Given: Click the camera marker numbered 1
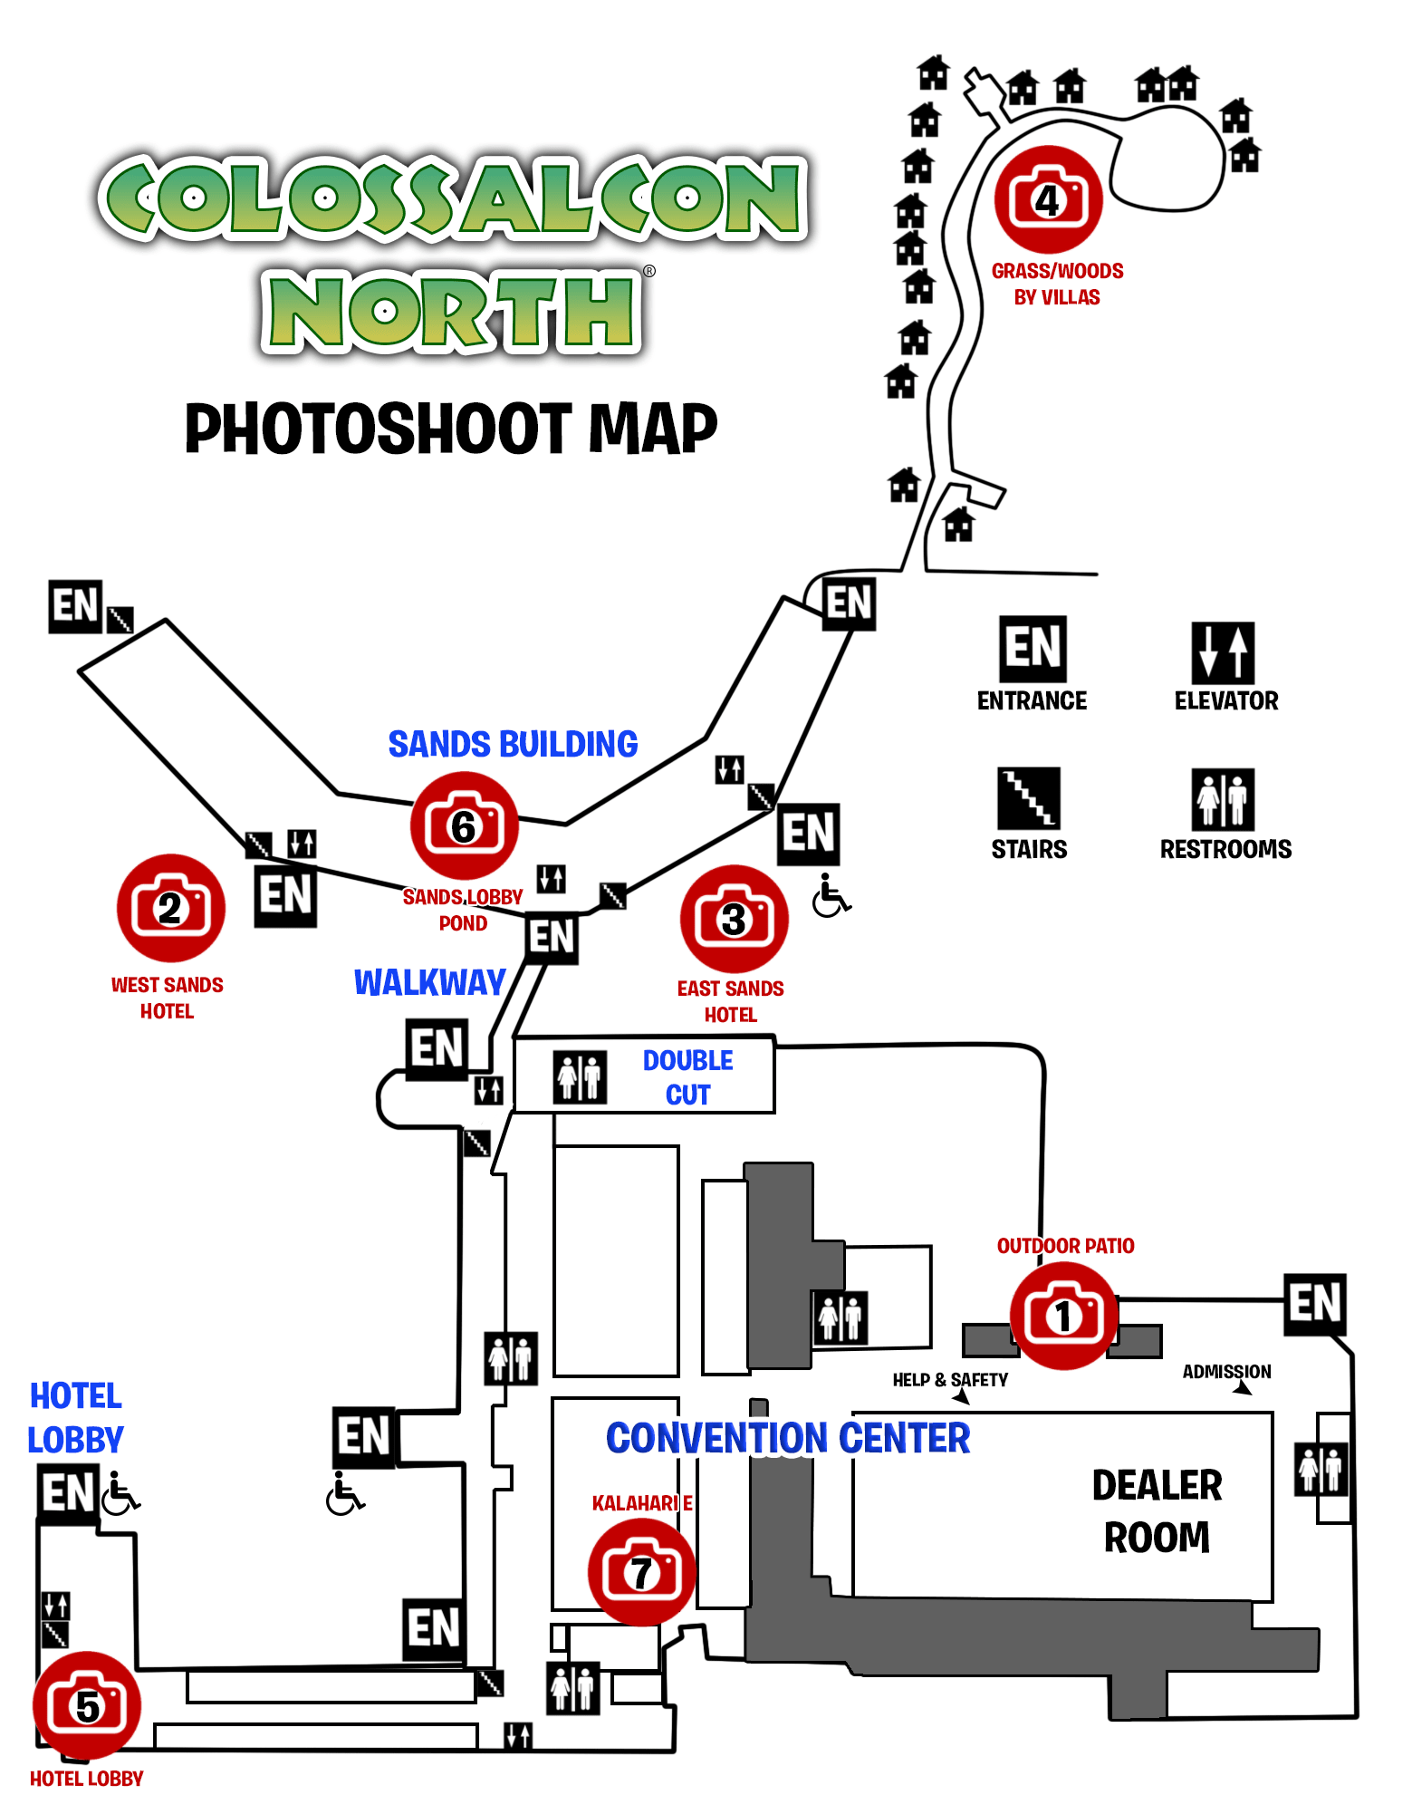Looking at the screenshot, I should point(1063,1316).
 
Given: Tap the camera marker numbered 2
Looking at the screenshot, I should point(170,908).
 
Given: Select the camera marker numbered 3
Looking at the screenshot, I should point(734,919).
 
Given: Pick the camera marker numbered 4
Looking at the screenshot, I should point(1048,199).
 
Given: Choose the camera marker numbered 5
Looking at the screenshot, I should point(87,1705).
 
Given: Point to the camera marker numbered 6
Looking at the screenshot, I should point(464,825).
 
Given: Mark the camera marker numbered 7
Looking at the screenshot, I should point(641,1572).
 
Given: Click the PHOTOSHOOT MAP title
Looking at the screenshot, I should point(451,429).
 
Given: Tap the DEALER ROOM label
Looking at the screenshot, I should point(1157,1511).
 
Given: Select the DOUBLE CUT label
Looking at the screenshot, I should point(687,1077).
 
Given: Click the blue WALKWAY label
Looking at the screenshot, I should point(429,983).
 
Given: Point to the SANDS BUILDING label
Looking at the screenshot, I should point(513,745).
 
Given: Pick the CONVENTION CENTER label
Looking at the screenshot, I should point(788,1439).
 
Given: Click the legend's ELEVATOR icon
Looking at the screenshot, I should point(1223,652).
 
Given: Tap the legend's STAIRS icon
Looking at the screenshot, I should point(1028,798).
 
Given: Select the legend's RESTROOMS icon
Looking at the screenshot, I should point(1223,799).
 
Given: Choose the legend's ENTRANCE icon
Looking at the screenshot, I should point(1033,649).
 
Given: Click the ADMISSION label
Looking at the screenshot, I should point(1226,1372).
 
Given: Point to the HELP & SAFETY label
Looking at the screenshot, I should point(949,1380).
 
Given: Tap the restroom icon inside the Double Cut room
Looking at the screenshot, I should point(580,1076).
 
